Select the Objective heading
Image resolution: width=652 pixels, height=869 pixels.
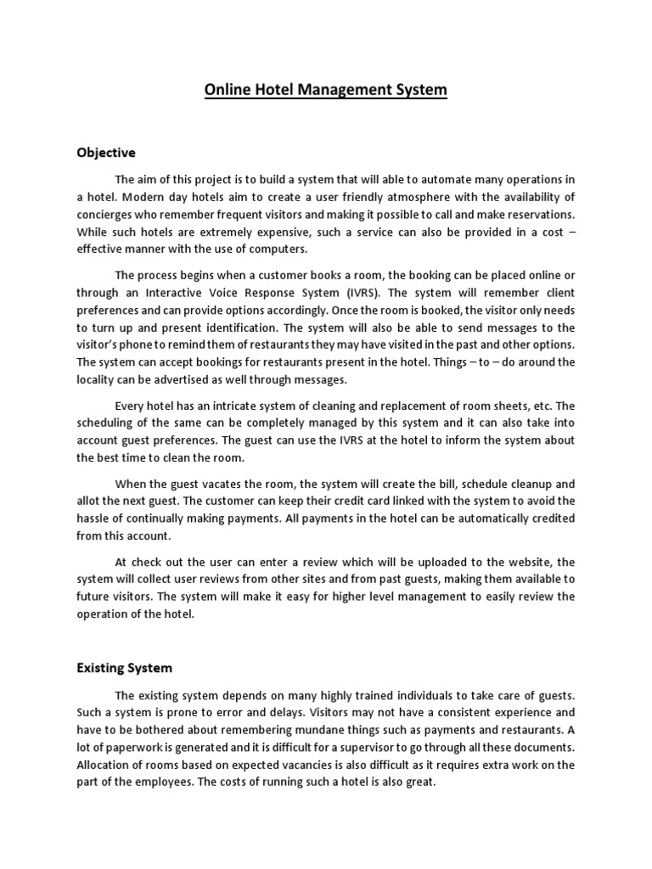(x=106, y=153)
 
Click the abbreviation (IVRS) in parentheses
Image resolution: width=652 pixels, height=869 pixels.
(x=315, y=293)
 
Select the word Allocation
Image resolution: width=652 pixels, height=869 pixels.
(x=105, y=765)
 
